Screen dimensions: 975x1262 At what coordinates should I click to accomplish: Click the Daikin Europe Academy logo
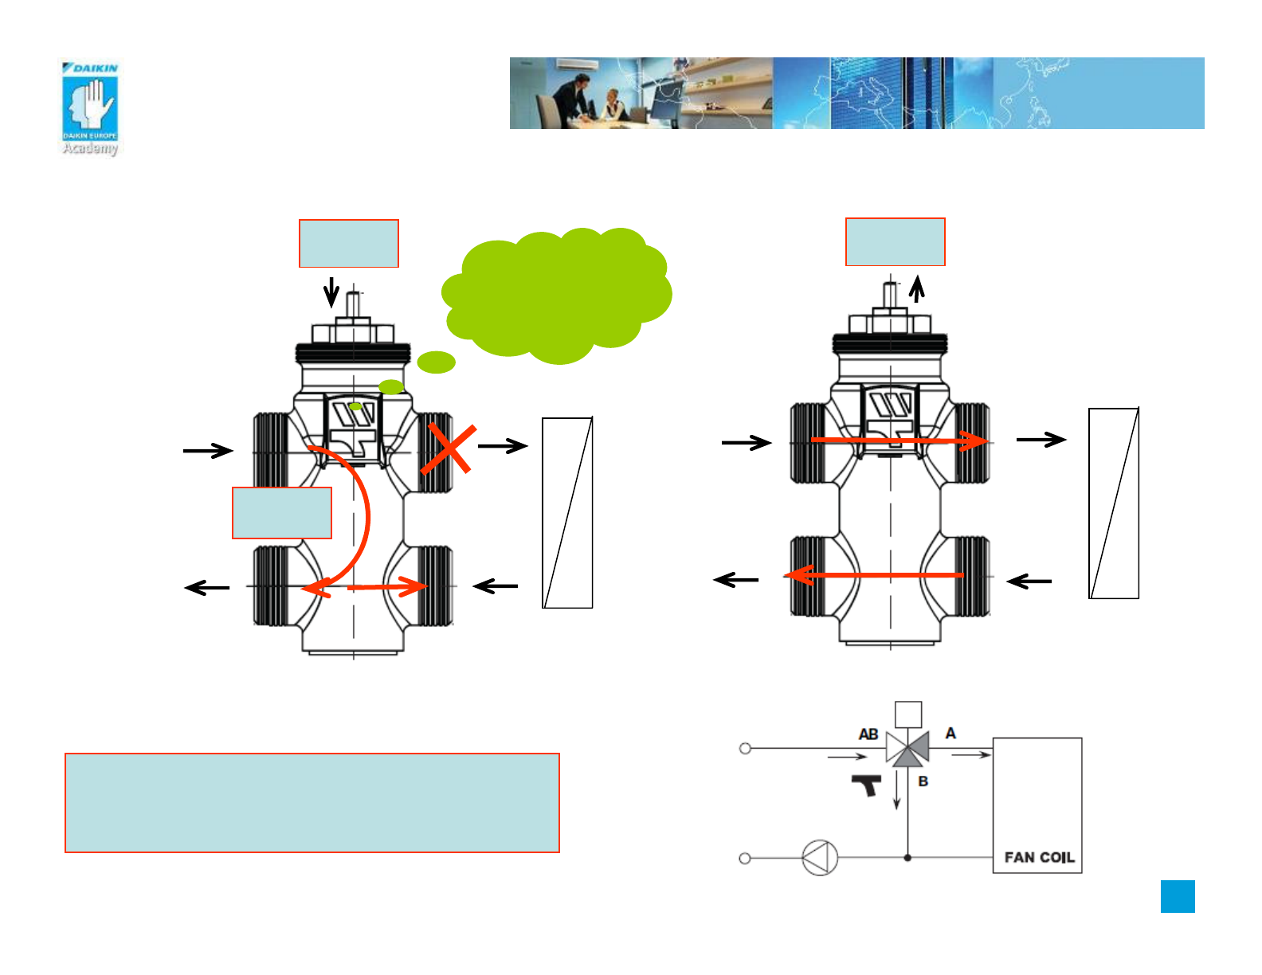(x=90, y=107)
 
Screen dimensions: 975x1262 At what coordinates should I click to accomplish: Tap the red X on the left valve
(x=449, y=449)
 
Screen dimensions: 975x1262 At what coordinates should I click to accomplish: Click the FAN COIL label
(x=1039, y=857)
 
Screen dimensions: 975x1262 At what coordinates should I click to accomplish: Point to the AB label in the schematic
(x=868, y=734)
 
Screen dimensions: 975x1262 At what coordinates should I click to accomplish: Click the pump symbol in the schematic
(x=820, y=858)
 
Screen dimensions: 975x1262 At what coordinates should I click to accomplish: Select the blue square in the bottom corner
(x=1178, y=896)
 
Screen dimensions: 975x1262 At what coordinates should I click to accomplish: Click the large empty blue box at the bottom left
(x=312, y=803)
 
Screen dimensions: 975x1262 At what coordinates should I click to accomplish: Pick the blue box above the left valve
(x=349, y=243)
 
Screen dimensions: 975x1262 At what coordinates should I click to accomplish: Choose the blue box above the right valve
(x=896, y=241)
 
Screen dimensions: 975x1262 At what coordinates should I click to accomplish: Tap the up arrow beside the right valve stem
(x=918, y=288)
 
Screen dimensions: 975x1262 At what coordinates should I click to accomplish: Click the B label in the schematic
(x=923, y=781)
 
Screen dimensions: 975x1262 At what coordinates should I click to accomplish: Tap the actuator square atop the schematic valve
(x=908, y=715)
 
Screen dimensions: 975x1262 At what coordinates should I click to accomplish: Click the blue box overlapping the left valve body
(x=282, y=513)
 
